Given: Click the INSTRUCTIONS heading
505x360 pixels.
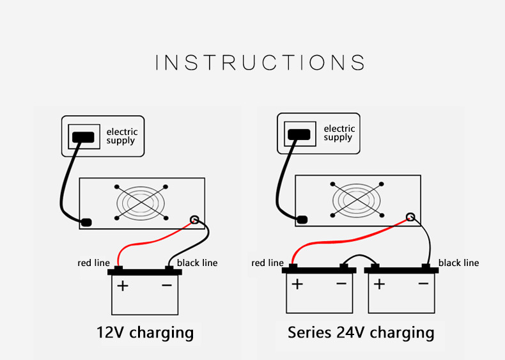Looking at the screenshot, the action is pyautogui.click(x=260, y=62).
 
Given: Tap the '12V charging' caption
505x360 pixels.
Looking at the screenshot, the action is pyautogui.click(x=145, y=333).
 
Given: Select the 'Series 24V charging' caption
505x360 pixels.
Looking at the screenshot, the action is pyautogui.click(x=361, y=333).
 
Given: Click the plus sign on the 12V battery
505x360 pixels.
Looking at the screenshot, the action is pyautogui.click(x=123, y=286).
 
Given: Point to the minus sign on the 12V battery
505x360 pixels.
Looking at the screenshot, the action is pyautogui.click(x=167, y=285).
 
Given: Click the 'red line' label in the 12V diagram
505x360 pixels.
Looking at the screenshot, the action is pyautogui.click(x=94, y=263).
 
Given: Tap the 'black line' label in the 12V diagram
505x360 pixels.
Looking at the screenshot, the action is pyautogui.click(x=197, y=263).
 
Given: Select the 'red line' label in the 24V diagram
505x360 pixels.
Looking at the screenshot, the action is pyautogui.click(x=267, y=263).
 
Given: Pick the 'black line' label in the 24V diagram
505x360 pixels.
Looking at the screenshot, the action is pyautogui.click(x=458, y=263).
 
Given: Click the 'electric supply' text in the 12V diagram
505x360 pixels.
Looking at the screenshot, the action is pyautogui.click(x=122, y=136).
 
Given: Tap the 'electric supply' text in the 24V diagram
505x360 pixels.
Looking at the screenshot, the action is pyautogui.click(x=339, y=133).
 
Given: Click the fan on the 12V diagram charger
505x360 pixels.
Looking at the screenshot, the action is pyautogui.click(x=141, y=203).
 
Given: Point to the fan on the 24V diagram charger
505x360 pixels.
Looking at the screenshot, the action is pyautogui.click(x=357, y=200).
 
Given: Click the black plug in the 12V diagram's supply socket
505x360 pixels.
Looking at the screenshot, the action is pyautogui.click(x=83, y=137).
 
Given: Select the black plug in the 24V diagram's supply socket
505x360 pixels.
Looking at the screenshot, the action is pyautogui.click(x=299, y=134).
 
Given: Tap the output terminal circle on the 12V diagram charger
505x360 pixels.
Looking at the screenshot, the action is pyautogui.click(x=194, y=220).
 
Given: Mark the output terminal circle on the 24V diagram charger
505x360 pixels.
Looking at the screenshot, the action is pyautogui.click(x=410, y=217).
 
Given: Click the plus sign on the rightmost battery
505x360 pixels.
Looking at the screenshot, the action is pyautogui.click(x=380, y=284).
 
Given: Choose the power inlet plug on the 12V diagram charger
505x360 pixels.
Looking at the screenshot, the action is pyautogui.click(x=86, y=223).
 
